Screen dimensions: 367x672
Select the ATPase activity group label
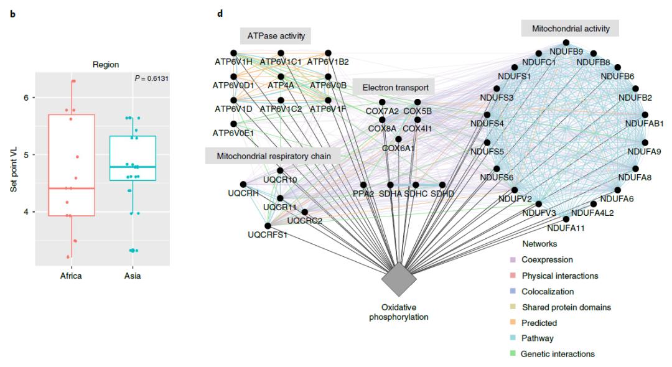(276, 36)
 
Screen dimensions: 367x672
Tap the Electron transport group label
(395, 87)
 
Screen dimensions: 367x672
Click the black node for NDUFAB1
(645, 114)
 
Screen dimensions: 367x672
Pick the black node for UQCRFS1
(268, 226)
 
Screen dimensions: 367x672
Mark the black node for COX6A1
(398, 139)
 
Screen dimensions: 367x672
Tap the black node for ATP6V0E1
(233, 124)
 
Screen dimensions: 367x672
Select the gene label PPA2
(363, 194)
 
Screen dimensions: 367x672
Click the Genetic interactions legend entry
(558, 354)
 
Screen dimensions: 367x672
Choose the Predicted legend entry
(539, 323)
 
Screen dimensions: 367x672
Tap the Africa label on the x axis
(71, 276)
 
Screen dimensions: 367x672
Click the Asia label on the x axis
(132, 276)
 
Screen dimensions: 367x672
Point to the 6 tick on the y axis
(26, 98)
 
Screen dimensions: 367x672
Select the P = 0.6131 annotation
(151, 78)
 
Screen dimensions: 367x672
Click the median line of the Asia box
(132, 167)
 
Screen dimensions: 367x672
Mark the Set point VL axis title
(13, 165)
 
